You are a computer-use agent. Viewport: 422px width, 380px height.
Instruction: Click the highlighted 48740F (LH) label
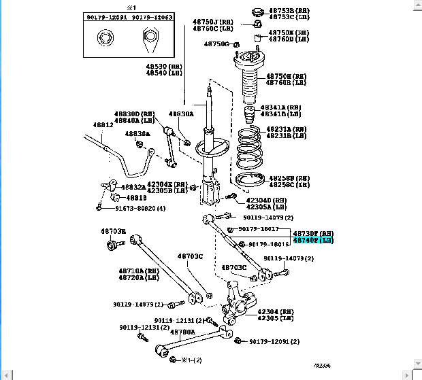313,241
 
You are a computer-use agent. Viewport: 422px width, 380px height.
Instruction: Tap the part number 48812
84,125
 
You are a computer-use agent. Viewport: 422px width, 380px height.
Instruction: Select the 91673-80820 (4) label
140,209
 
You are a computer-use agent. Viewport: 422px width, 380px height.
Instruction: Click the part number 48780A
183,332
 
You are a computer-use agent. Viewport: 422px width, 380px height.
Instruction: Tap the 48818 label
136,198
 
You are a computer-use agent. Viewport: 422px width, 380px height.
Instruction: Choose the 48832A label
133,187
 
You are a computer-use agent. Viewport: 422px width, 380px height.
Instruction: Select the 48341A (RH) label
285,107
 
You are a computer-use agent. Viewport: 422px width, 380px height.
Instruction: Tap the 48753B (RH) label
289,11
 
